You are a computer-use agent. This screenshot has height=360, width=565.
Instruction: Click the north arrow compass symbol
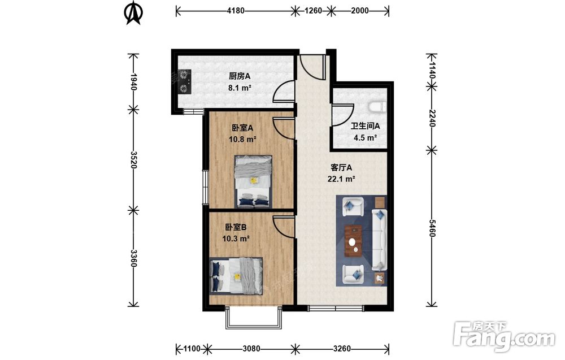(x=133, y=13)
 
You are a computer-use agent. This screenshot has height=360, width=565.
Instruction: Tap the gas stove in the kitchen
(x=184, y=81)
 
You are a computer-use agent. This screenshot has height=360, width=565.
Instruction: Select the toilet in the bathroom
(x=377, y=107)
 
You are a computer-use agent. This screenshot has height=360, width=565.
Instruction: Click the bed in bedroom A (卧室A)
(x=253, y=181)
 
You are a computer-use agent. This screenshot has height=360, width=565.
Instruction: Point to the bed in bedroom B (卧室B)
(x=236, y=276)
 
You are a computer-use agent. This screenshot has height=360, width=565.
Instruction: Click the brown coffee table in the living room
(x=354, y=241)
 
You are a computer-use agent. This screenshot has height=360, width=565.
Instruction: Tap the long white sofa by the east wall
(x=380, y=239)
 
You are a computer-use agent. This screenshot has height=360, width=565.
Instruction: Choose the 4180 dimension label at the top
(x=236, y=11)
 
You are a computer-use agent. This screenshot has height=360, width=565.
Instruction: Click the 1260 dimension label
(x=313, y=11)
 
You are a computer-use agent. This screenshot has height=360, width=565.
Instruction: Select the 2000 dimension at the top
(x=359, y=11)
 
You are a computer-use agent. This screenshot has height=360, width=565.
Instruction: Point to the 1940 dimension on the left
(x=133, y=81)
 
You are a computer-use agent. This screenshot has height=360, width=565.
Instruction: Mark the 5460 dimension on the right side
(x=432, y=228)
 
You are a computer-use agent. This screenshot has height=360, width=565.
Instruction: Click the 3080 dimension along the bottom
(x=251, y=349)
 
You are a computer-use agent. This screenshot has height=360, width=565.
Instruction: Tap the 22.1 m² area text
(x=341, y=179)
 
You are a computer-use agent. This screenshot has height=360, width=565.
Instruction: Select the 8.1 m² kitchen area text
(x=240, y=88)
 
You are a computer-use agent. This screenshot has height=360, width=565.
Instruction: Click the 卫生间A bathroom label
(x=366, y=126)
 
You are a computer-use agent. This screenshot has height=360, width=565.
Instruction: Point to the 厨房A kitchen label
(x=240, y=76)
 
